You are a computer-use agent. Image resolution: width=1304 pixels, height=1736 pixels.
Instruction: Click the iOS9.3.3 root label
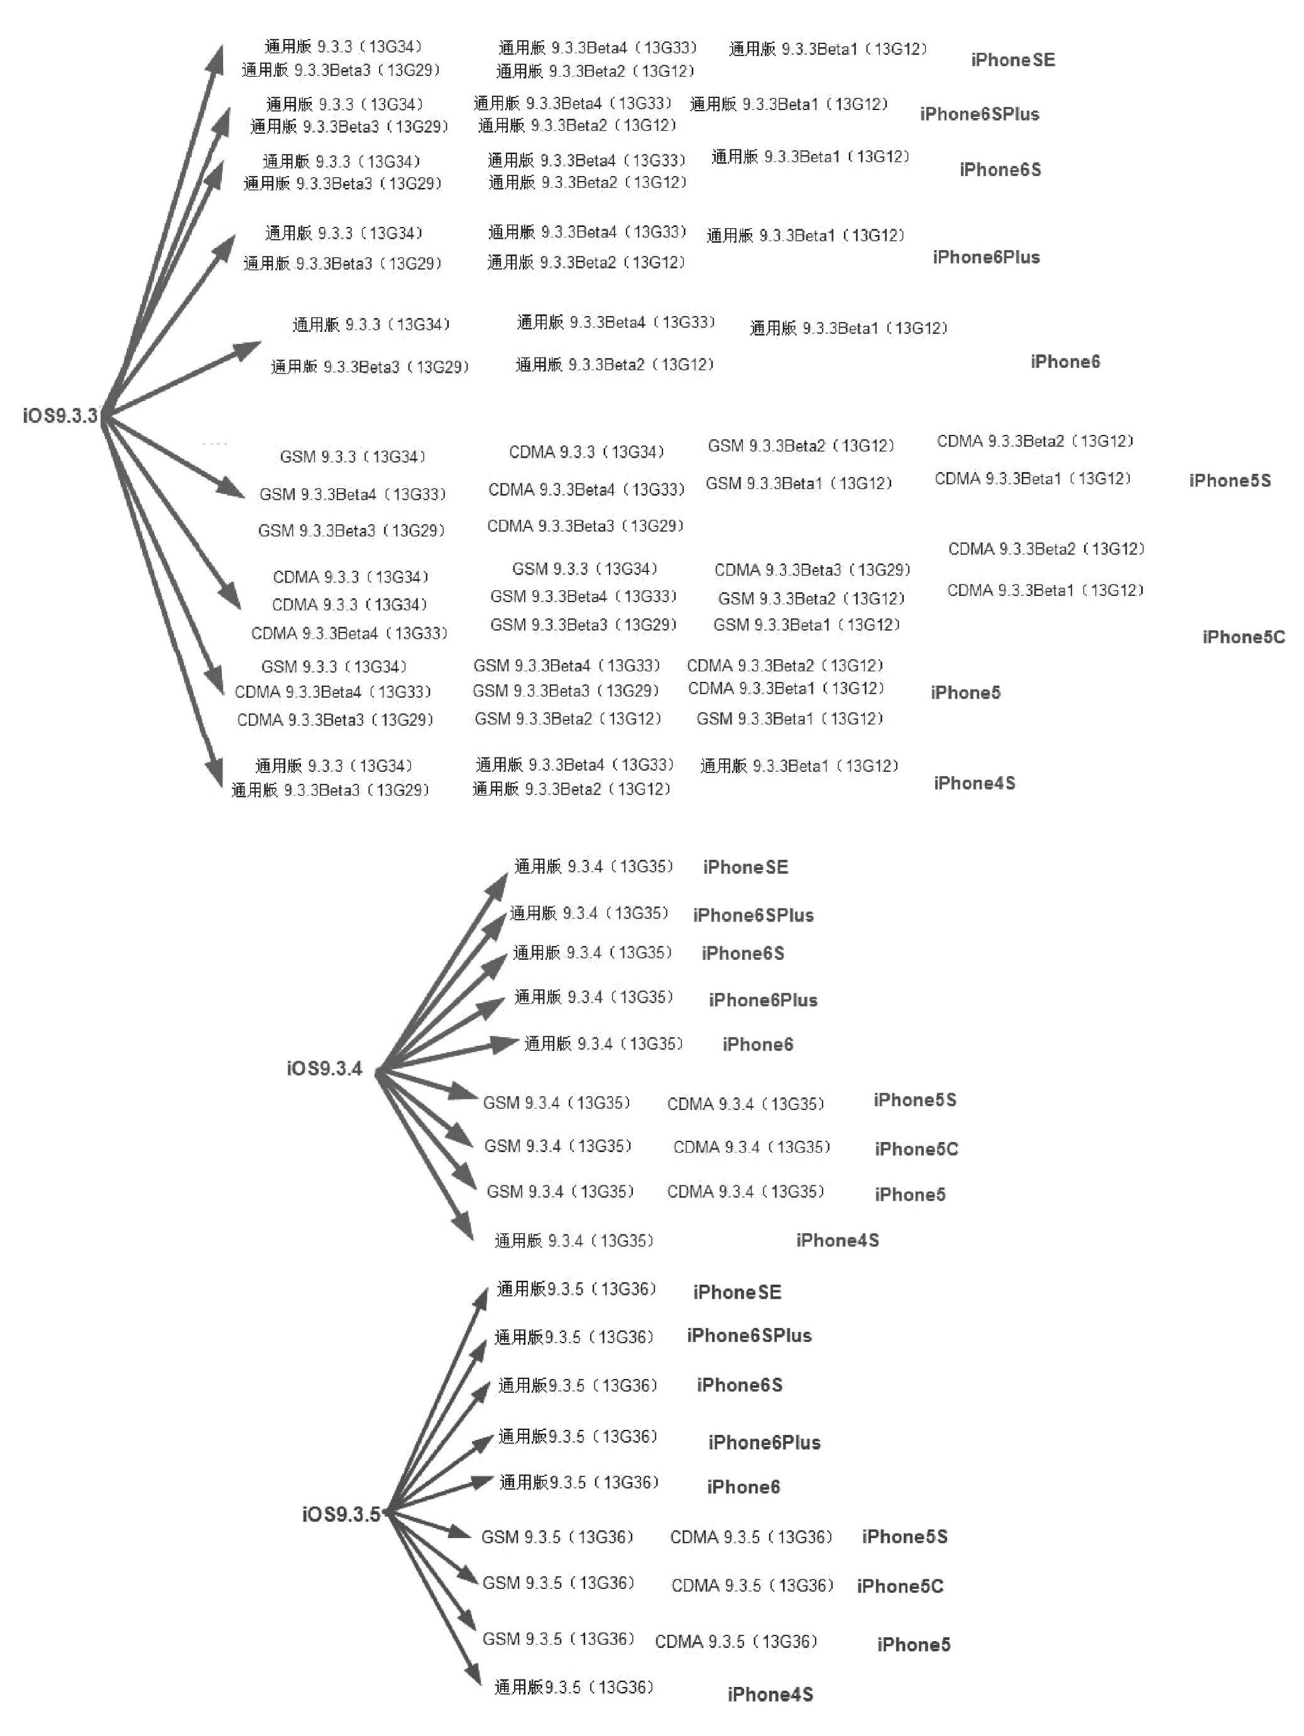[x=60, y=415]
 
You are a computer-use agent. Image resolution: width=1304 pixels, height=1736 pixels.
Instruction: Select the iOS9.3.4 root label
[x=324, y=1068]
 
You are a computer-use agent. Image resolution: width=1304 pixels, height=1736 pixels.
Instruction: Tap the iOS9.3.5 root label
[x=341, y=1514]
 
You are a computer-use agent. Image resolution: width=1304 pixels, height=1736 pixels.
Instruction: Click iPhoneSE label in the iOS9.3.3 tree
[x=1012, y=60]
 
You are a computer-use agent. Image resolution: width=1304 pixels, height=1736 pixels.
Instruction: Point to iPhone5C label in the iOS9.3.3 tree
[x=1243, y=637]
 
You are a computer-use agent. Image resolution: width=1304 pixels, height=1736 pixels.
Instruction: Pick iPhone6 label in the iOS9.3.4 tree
[x=757, y=1044]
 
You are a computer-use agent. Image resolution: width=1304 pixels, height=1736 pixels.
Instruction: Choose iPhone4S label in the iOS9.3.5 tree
[x=770, y=1694]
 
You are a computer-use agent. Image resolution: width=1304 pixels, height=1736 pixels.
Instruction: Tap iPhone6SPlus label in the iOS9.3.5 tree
[x=748, y=1335]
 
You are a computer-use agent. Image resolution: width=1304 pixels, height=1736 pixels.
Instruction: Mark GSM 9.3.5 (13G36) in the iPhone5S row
[x=557, y=1536]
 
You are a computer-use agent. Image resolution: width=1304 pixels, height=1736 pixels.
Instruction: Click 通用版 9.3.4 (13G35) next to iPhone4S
[x=574, y=1240]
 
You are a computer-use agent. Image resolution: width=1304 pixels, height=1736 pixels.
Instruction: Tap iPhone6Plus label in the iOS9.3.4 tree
[x=763, y=1000]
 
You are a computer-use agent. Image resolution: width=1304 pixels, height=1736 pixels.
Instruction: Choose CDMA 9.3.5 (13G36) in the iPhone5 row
[x=736, y=1640]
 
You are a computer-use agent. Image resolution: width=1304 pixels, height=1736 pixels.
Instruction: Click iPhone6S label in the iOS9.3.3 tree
[x=1000, y=170]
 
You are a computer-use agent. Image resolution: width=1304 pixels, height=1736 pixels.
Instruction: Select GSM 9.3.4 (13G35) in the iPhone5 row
[x=559, y=1191]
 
